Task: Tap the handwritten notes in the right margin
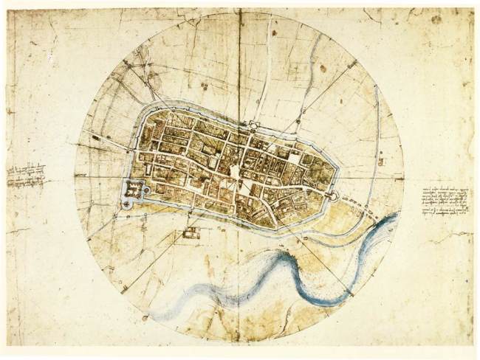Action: pos(446,201)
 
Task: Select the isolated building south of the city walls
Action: pos(191,233)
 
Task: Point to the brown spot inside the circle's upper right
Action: pos(323,69)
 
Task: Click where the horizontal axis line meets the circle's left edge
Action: pos(74,177)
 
